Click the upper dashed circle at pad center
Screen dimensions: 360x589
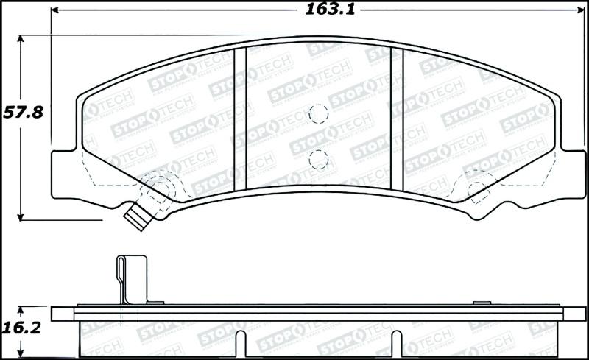(318, 113)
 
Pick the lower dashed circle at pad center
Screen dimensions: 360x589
(318, 158)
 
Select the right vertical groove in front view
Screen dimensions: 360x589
(398, 118)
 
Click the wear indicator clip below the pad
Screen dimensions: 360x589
(136, 216)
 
